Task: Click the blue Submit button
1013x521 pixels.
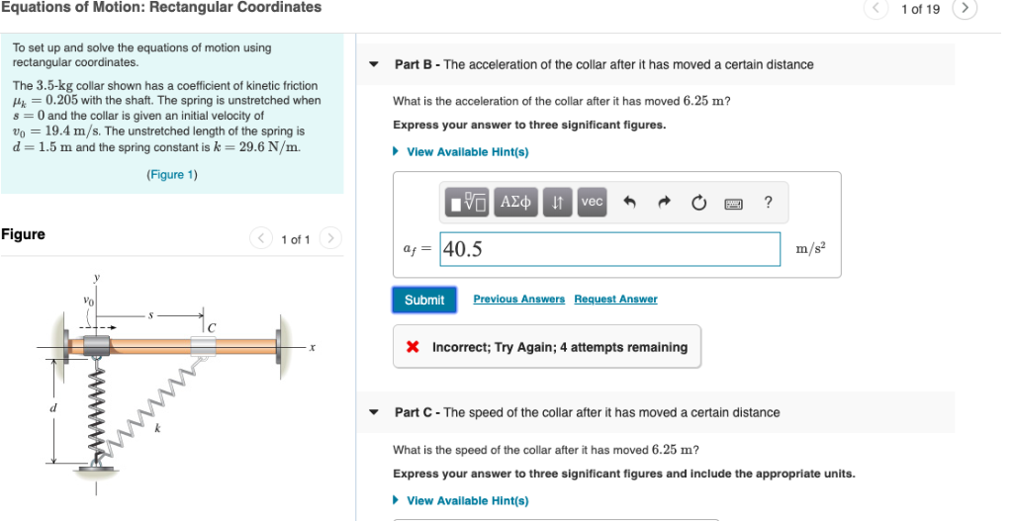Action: coord(424,300)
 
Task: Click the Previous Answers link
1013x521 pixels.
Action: coord(518,300)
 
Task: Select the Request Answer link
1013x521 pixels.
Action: coord(615,300)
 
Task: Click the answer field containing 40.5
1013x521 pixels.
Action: coord(609,249)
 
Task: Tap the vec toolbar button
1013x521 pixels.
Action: coord(592,202)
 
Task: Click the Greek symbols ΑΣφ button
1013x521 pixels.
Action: coord(517,202)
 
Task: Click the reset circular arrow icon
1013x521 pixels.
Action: coord(699,203)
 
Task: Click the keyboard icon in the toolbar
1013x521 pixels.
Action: coord(734,203)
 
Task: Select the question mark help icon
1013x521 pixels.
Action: coord(769,202)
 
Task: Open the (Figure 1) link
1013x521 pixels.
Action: coord(172,175)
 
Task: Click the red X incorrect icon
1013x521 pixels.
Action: coord(414,348)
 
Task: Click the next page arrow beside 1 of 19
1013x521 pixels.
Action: coord(965,9)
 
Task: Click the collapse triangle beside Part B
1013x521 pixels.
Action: coord(374,65)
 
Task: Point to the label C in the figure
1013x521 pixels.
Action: coord(211,325)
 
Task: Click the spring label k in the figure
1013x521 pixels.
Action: coord(154,427)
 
